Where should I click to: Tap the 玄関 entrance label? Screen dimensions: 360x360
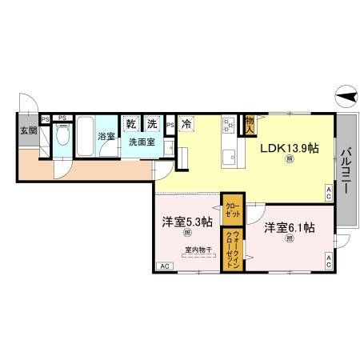(26, 131)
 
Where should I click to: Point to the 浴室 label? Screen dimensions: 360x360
(106, 137)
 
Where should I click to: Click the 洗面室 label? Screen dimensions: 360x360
(141, 142)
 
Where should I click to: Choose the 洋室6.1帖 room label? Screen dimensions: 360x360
(289, 227)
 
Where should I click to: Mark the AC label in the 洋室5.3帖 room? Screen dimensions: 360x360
(163, 266)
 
